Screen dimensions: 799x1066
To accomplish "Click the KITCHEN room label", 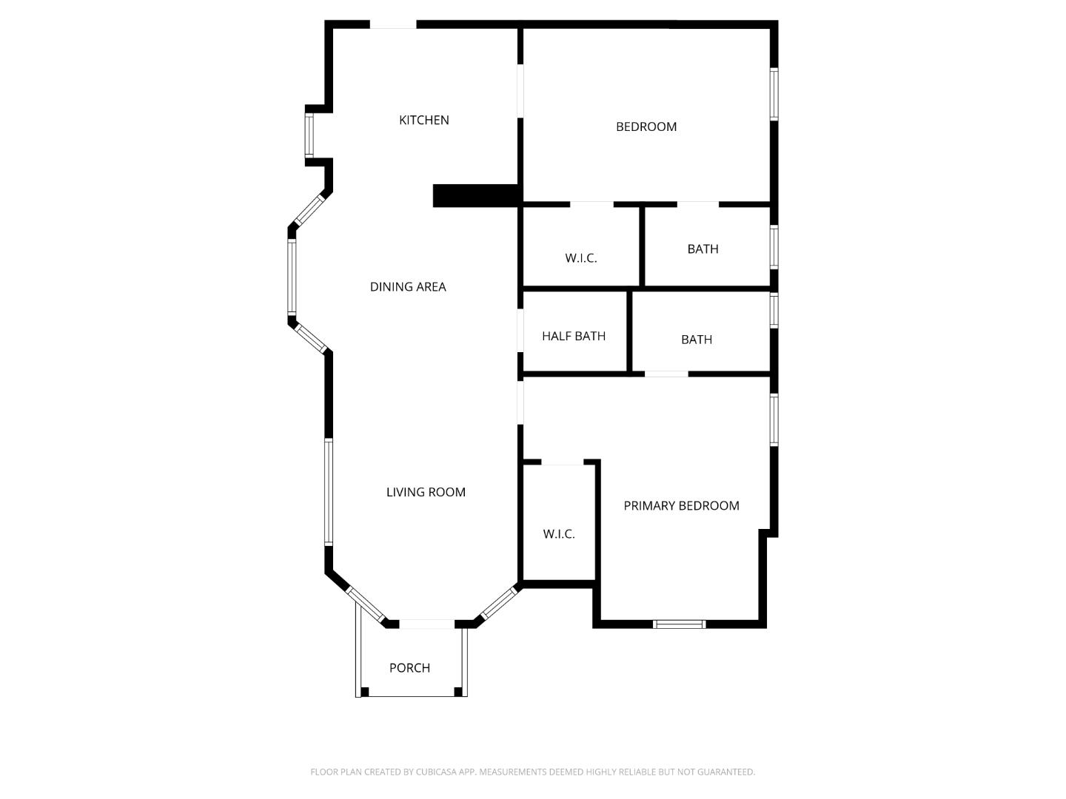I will pos(423,120).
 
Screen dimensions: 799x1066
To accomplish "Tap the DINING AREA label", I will pos(408,287).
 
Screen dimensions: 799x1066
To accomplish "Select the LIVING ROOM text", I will pos(426,492).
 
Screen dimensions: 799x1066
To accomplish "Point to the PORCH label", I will pos(409,668).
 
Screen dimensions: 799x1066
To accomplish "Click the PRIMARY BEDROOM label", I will pos(681,506).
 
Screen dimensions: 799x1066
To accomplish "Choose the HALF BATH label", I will pos(574,336).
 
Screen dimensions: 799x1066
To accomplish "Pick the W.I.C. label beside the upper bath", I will pos(580,258).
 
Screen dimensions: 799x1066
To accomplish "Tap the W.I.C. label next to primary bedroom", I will pos(558,534).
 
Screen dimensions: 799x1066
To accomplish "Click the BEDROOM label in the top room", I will pos(646,127).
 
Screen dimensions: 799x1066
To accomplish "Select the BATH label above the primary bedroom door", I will pos(697,340).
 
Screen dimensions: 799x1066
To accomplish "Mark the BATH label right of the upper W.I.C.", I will pos(703,249).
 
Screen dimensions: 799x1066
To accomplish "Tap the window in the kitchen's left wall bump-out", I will pos(309,135).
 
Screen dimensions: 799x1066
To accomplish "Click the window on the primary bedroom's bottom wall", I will pos(680,624).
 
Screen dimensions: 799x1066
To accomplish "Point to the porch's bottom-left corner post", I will pos(364,692).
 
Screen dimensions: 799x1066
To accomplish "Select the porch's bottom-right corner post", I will pos(458,692).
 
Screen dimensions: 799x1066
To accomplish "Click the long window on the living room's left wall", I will pos(329,492).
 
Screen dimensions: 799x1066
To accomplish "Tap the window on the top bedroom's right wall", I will pos(774,94).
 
